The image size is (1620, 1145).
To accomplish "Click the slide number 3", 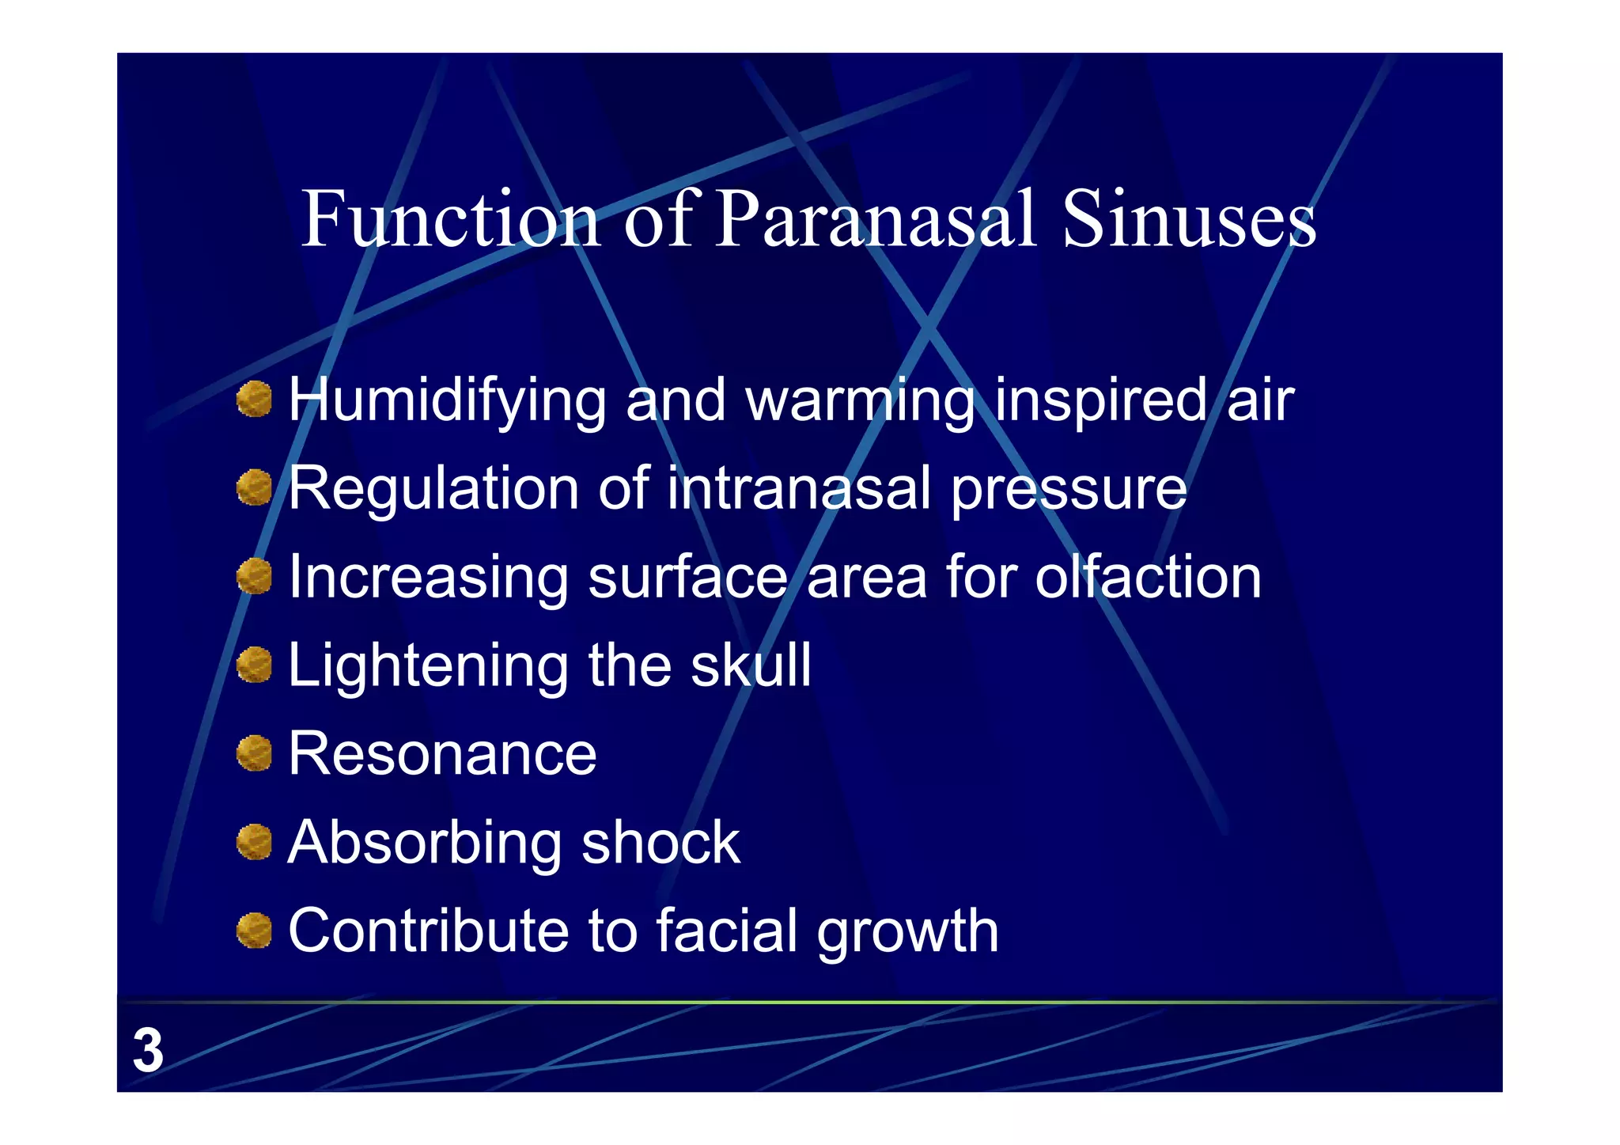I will [x=148, y=1051].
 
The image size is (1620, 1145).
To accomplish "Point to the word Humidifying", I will [x=447, y=401].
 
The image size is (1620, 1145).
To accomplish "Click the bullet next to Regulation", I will [x=254, y=487].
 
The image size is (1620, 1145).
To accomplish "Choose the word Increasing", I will [x=428, y=578].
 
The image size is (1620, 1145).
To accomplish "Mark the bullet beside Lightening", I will [x=254, y=664].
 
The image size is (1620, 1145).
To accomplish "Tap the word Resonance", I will [x=442, y=753].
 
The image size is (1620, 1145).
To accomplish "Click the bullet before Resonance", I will [x=254, y=753].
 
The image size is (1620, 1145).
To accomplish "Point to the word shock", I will [x=660, y=842].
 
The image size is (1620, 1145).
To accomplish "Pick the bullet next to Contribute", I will [x=254, y=930].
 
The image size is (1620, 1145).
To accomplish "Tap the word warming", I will [x=860, y=401].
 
